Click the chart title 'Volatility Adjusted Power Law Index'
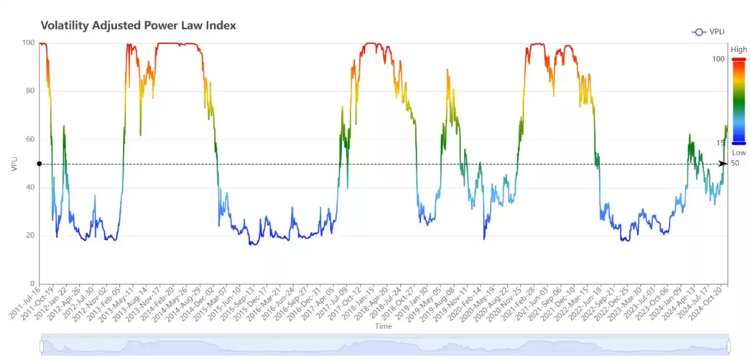138,25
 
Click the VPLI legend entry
709,32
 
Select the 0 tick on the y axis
32,284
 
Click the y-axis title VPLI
16,164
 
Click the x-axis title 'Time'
383,326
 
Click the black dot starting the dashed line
39,164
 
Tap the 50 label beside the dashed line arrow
735,163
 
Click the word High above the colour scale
739,50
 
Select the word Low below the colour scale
739,153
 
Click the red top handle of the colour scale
739,59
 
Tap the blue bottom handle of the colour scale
739,143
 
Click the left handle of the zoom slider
41,346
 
